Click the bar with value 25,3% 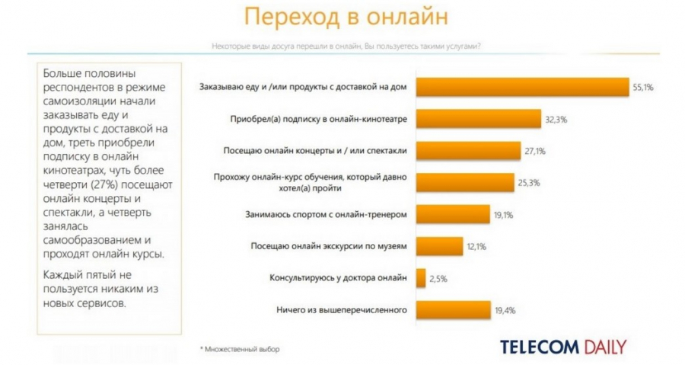pos(464,183)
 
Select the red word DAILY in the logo pos(604,347)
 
